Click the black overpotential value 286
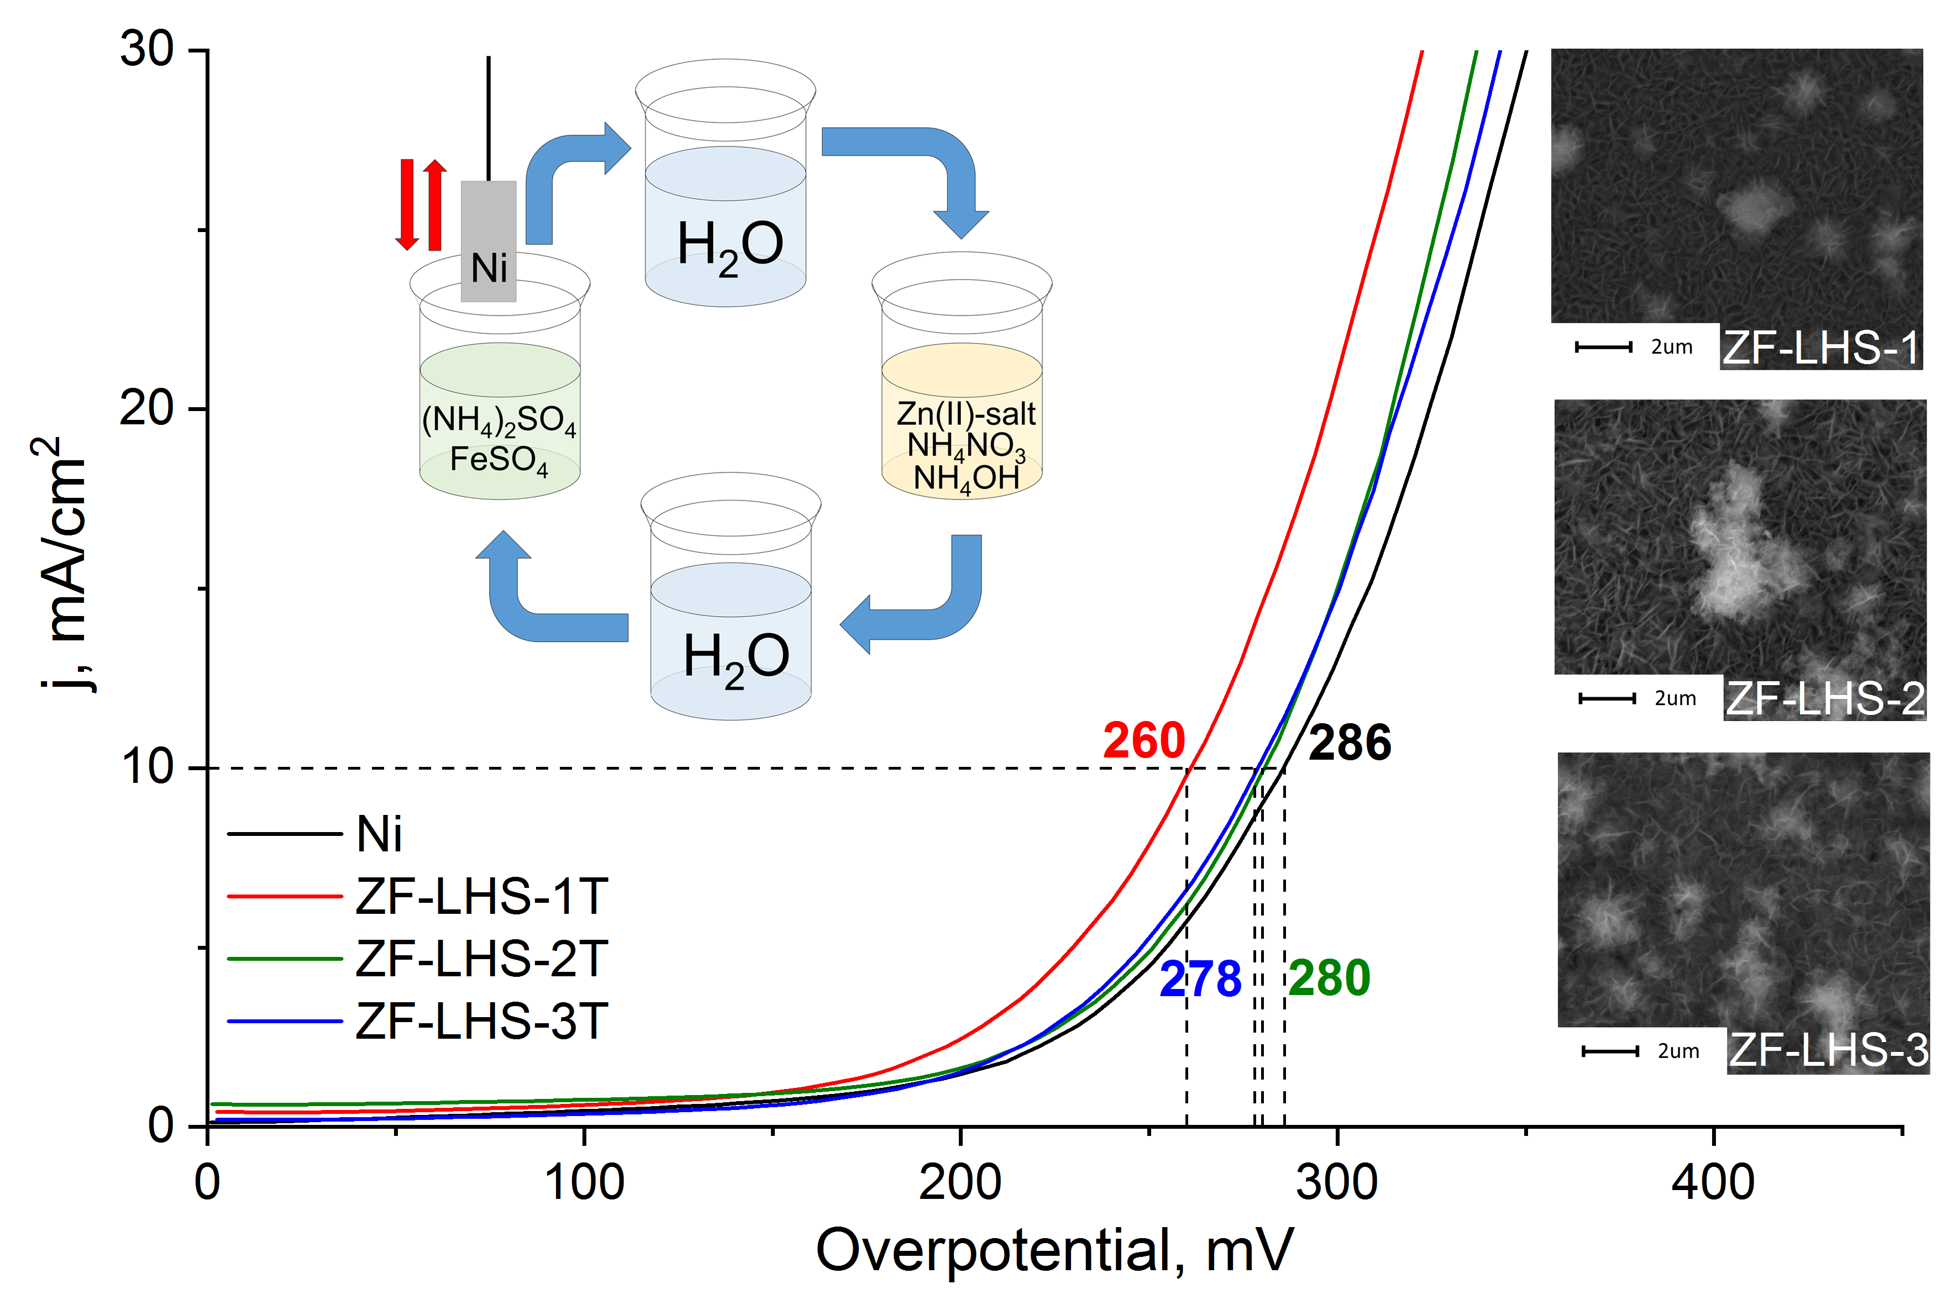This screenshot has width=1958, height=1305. click(1350, 743)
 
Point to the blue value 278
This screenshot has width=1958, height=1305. click(1200, 979)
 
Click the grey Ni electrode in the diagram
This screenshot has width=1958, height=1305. click(489, 241)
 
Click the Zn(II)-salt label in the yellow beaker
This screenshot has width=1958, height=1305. click(965, 414)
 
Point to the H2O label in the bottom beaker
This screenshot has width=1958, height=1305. click(736, 657)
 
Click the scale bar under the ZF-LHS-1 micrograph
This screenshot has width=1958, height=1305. click(1603, 347)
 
